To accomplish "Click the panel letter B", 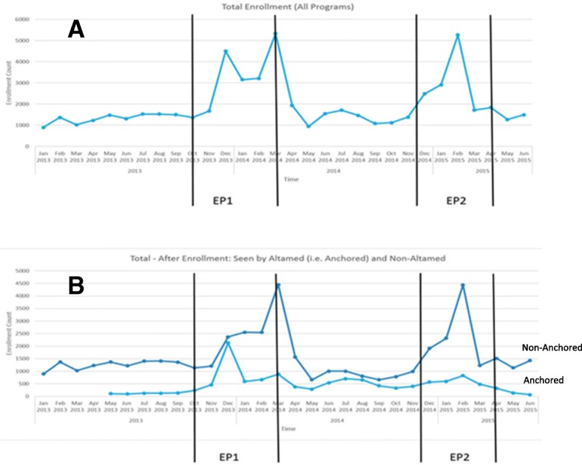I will pos(78,285).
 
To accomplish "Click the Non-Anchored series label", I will pos(552,347).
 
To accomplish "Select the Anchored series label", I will pos(544,380).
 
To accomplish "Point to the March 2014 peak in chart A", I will pos(275,34).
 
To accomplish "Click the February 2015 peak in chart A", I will pos(458,35).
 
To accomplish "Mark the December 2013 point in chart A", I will pos(226,51).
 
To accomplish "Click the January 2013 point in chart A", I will pos(43,127).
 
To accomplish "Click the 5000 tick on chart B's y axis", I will pos(26,271).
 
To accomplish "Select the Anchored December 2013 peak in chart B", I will pos(229,343).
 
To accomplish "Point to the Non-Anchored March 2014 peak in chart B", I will pos(278,285).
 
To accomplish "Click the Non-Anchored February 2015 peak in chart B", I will pos(462,285).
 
